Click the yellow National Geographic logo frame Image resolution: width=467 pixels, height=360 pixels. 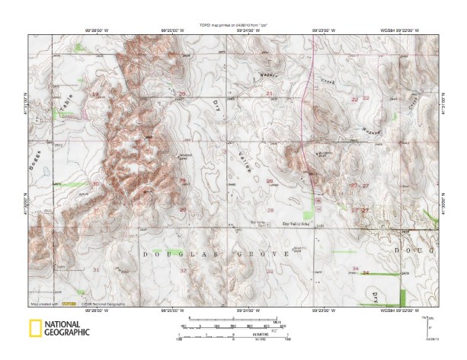(x=35, y=328)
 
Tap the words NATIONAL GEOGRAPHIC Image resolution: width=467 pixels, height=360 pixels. (x=67, y=328)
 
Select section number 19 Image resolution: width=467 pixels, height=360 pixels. (x=95, y=94)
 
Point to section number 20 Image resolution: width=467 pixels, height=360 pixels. (x=181, y=94)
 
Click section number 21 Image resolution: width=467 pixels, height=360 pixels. (x=270, y=93)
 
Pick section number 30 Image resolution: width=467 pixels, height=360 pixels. (x=95, y=184)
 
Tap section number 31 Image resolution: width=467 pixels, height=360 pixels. (x=95, y=270)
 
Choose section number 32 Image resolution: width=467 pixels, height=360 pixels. (x=183, y=270)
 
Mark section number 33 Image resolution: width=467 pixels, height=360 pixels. (x=269, y=270)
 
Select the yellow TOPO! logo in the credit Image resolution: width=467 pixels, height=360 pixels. (x=69, y=304)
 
